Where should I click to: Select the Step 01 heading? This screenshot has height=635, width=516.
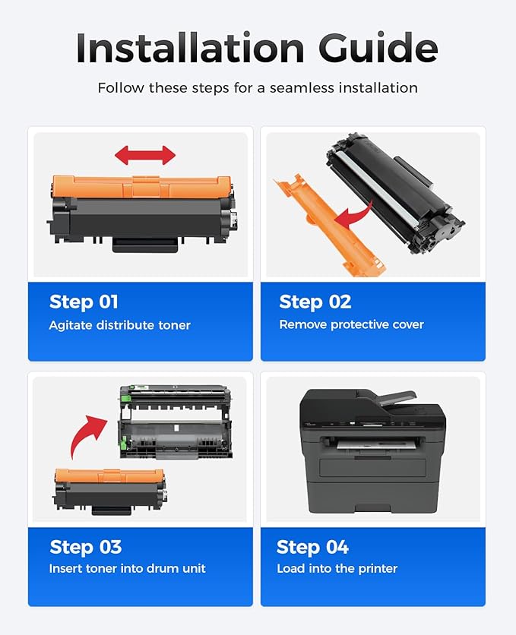tap(84, 302)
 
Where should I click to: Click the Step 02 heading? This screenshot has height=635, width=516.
tap(315, 302)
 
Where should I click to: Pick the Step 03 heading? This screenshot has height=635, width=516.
tap(85, 547)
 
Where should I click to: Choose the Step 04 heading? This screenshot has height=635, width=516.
tap(312, 547)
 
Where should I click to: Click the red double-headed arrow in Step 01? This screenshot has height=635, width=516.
tap(145, 156)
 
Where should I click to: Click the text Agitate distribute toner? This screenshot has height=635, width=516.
tap(119, 325)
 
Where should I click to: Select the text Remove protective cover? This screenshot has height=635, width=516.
tap(351, 325)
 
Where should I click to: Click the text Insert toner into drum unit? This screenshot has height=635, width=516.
tap(127, 569)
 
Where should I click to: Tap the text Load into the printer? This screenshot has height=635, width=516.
tap(337, 569)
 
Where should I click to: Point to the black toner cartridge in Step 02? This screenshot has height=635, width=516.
tap(395, 190)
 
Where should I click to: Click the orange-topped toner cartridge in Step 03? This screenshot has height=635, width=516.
tap(110, 488)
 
